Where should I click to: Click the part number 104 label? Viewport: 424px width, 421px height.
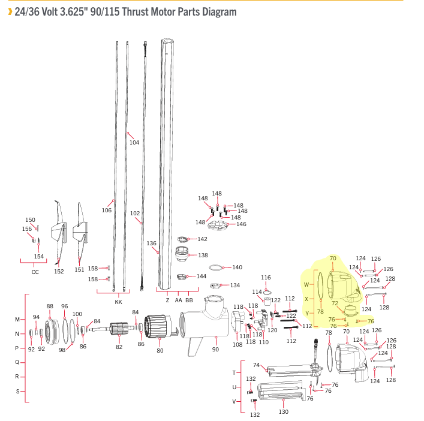pyautogui.click(x=134, y=143)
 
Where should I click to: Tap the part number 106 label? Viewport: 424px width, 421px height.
pyautogui.click(x=107, y=210)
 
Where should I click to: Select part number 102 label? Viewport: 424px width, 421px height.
pyautogui.click(x=135, y=213)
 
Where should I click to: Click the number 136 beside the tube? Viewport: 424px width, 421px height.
pyautogui.click(x=151, y=243)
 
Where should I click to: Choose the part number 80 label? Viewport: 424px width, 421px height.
pyautogui.click(x=160, y=350)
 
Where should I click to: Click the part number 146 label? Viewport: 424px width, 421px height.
pyautogui.click(x=241, y=224)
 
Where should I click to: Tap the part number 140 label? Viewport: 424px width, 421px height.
pyautogui.click(x=237, y=267)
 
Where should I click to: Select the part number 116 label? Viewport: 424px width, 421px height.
pyautogui.click(x=266, y=278)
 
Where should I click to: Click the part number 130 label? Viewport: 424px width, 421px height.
pyautogui.click(x=284, y=412)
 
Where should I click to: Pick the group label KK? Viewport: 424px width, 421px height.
pyautogui.click(x=118, y=302)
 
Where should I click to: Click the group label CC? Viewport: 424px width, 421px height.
pyautogui.click(x=35, y=272)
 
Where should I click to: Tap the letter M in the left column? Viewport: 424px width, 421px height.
pyautogui.click(x=17, y=319)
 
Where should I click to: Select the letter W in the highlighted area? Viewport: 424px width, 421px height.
pyautogui.click(x=306, y=284)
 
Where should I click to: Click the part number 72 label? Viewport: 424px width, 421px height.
pyautogui.click(x=335, y=303)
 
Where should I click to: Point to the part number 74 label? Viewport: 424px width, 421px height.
pyautogui.click(x=256, y=365)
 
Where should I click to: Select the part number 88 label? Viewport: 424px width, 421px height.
pyautogui.click(x=50, y=306)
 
